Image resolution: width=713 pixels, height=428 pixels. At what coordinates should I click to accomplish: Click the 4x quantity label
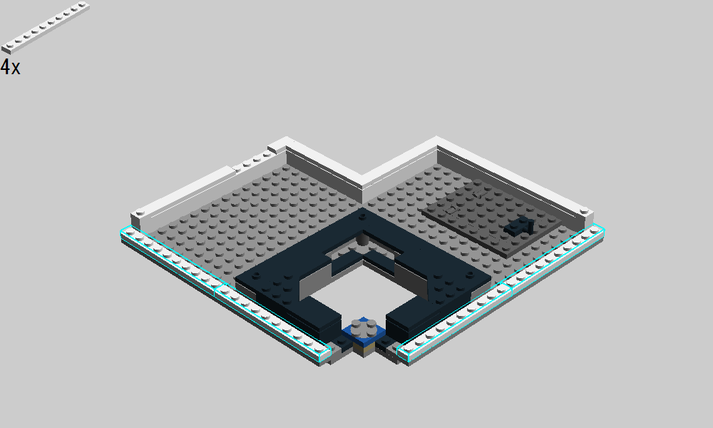pos(11,67)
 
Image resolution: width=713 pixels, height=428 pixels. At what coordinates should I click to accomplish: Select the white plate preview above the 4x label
pos(46,27)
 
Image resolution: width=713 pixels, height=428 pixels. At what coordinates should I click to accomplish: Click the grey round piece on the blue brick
pos(364,327)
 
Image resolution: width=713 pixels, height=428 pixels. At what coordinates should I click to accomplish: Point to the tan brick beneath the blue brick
pos(364,349)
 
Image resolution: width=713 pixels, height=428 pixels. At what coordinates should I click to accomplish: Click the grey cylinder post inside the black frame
pos(362,239)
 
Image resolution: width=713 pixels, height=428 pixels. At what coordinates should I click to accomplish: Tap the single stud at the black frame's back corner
pos(362,217)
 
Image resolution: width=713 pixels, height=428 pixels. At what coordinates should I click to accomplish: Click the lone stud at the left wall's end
pos(139,212)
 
